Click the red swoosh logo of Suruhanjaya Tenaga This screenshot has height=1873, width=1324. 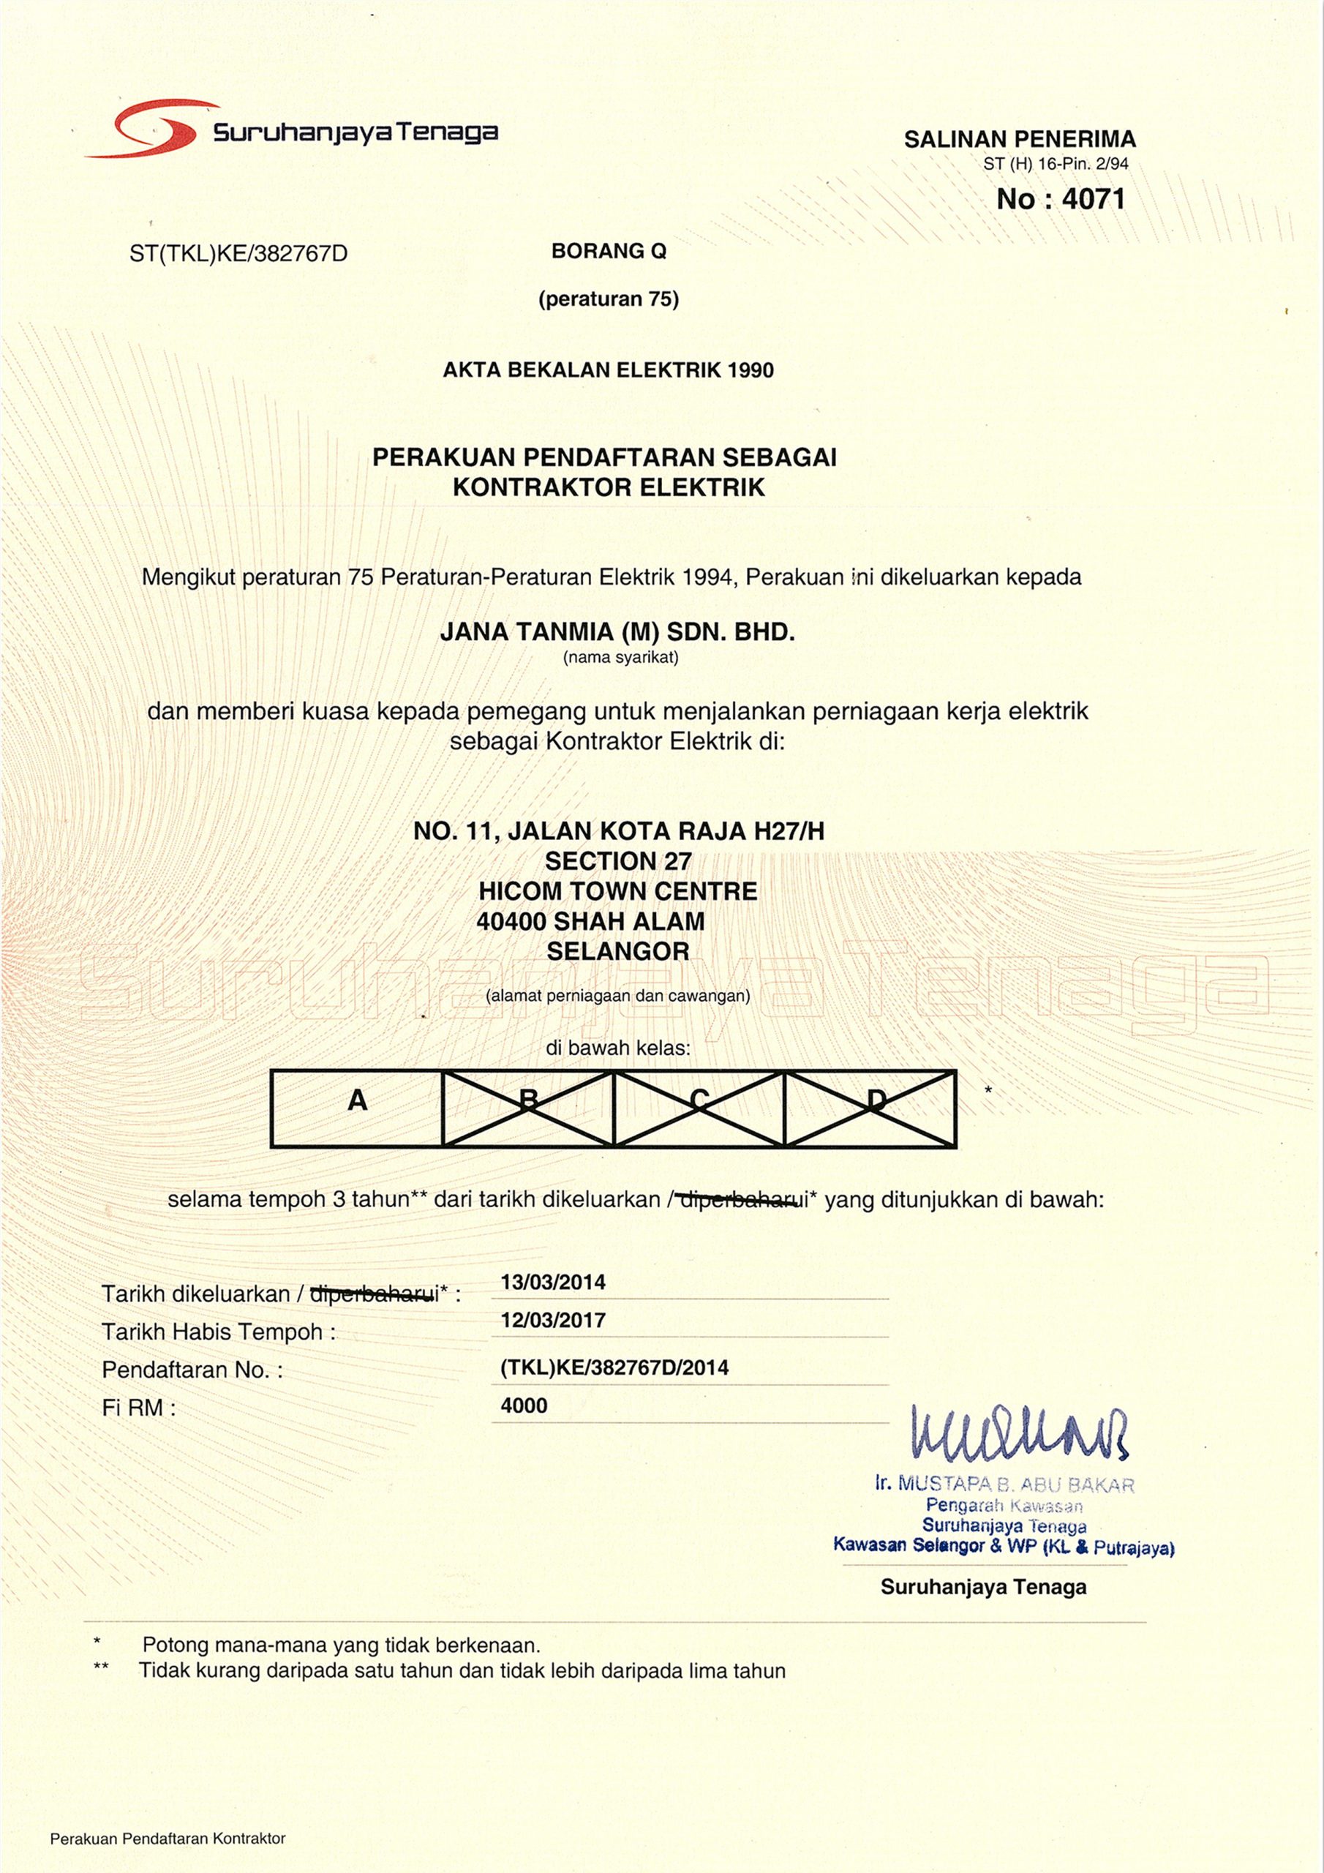coord(155,130)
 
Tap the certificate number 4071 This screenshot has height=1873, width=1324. coord(1093,199)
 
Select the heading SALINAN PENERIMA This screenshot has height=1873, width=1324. coord(1020,140)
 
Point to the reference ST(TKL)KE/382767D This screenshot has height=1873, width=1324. coord(238,255)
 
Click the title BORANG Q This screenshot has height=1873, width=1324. coord(609,251)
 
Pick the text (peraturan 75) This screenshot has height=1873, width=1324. coord(609,299)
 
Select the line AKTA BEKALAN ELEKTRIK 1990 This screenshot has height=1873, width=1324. coord(609,370)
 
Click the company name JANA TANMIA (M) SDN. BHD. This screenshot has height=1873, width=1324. coord(617,632)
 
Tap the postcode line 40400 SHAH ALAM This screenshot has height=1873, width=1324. coord(590,922)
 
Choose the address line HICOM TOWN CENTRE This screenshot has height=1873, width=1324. coord(617,891)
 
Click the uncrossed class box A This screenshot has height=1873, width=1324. coord(357,1108)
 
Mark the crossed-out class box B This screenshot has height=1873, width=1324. coord(528,1108)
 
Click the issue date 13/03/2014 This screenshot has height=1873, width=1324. coord(553,1283)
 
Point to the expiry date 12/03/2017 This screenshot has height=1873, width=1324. coord(553,1321)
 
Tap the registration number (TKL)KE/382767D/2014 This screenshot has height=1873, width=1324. coord(614,1368)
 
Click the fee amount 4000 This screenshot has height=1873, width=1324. coord(524,1405)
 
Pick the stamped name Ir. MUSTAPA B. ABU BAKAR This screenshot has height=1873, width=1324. coord(1004,1484)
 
